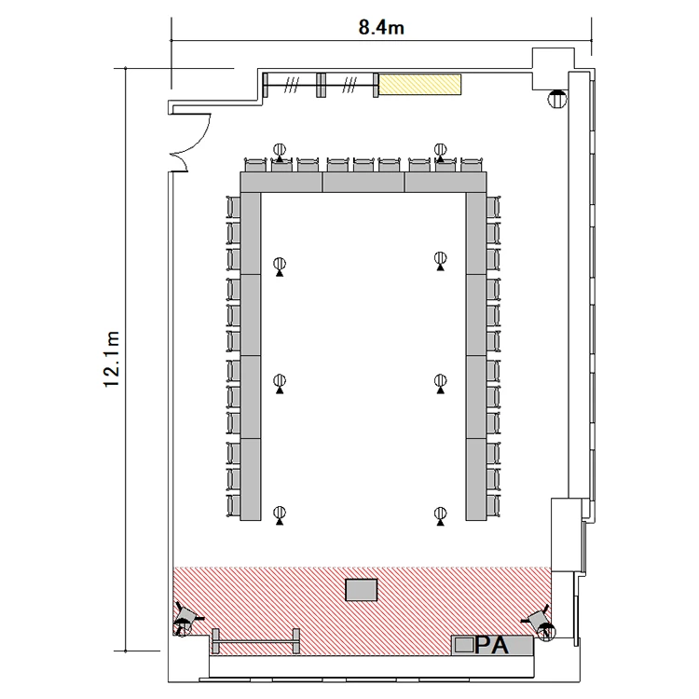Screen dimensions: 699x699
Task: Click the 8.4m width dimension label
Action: point(381,28)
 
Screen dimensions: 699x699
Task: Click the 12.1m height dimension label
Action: point(112,360)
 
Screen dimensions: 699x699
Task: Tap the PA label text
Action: point(492,645)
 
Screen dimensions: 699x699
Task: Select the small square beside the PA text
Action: point(464,645)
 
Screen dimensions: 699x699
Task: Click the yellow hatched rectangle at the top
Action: point(419,84)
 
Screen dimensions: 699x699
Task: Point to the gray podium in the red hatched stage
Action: point(362,590)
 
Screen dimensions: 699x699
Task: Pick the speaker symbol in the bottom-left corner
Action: point(185,620)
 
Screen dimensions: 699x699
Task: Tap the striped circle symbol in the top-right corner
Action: point(556,99)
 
